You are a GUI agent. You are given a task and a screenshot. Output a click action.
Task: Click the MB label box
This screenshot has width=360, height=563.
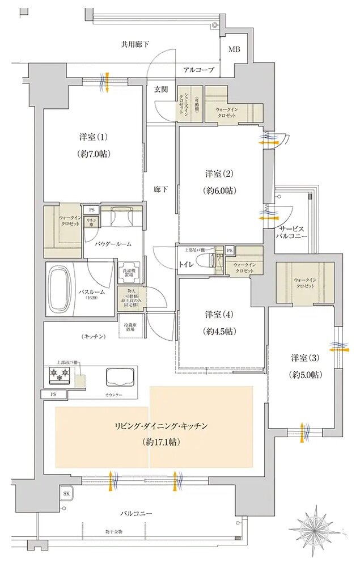pos(234,49)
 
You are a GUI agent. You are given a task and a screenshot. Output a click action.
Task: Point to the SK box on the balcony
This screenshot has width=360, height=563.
pos(66,494)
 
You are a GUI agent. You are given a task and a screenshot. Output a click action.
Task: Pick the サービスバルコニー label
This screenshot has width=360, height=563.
pos(292,230)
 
